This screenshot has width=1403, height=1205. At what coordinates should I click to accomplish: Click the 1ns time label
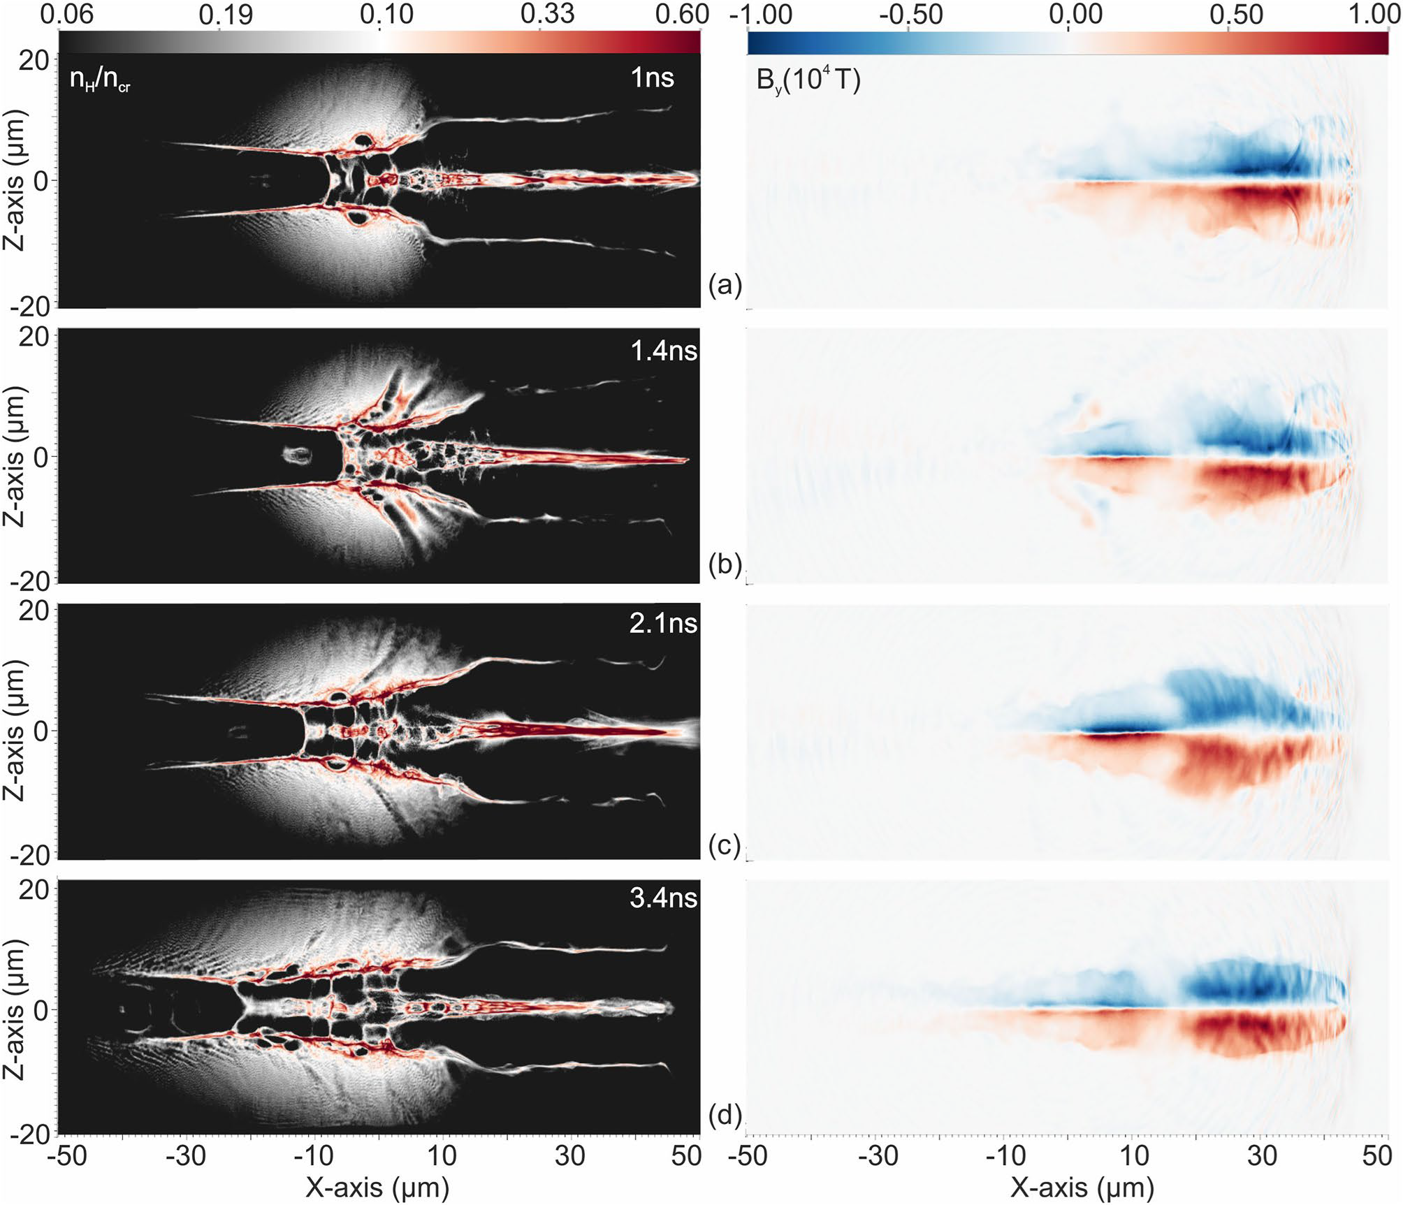click(x=652, y=77)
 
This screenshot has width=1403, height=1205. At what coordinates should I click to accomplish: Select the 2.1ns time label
click(x=663, y=622)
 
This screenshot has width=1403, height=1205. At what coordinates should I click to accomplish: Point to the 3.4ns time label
click(x=663, y=897)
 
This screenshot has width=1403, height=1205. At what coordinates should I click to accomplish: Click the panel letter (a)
click(x=724, y=285)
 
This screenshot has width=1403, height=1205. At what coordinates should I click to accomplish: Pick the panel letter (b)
click(x=724, y=563)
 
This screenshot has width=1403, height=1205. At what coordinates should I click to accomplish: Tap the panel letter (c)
click(x=724, y=845)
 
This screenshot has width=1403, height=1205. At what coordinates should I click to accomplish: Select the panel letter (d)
click(x=724, y=1115)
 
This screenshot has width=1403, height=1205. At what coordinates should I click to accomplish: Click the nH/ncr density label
click(x=99, y=81)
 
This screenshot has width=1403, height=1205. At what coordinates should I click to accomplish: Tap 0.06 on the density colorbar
click(x=66, y=14)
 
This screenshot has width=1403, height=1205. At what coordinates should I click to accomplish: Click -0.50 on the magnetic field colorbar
click(x=910, y=14)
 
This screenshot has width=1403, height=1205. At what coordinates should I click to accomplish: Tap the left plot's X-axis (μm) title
click(x=377, y=1187)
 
